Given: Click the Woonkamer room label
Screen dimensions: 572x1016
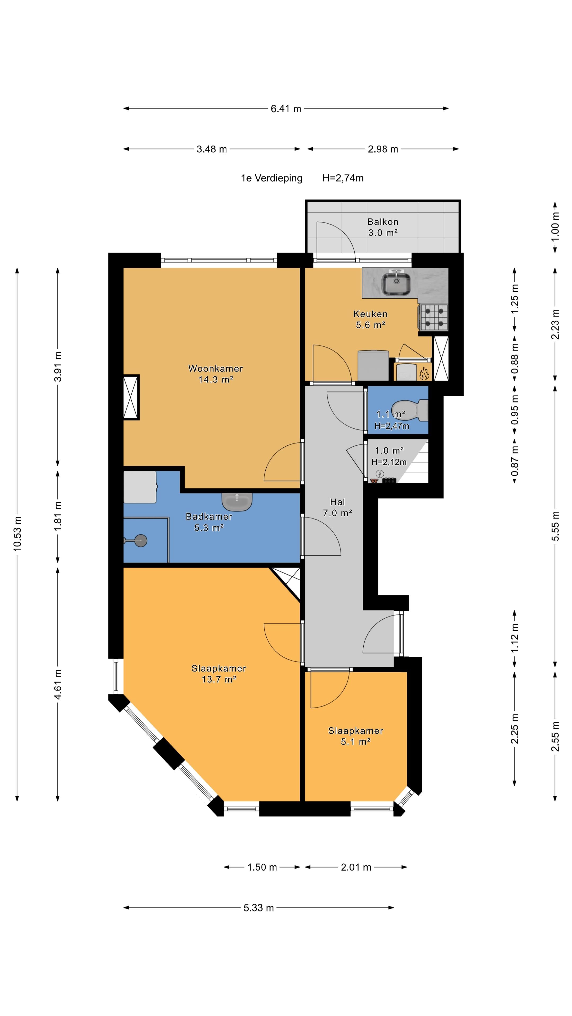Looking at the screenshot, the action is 216,368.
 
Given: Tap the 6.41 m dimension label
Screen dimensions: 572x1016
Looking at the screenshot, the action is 286,108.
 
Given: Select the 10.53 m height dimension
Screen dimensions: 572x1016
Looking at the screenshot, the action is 17,533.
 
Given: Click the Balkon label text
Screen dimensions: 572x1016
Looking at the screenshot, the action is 382,222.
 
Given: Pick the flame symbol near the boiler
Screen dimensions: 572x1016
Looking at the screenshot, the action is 424,373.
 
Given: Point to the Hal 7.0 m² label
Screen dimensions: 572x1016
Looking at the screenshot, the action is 338,507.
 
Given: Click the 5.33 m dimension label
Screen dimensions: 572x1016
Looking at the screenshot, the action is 258,908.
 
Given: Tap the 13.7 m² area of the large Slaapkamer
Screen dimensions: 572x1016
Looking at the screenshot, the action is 219,679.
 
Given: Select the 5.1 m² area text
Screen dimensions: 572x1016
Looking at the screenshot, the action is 355,741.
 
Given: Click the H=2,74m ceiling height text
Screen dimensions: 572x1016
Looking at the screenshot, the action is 343,178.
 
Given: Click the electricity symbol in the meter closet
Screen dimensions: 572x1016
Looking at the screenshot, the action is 380,474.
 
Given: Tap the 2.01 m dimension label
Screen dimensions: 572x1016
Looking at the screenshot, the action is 356,867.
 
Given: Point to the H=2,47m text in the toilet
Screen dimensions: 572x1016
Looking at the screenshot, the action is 392,426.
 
